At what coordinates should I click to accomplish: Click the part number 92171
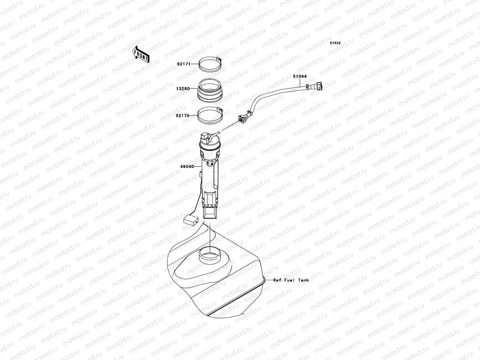pos(183,64)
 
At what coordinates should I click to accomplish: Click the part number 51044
pos(300,76)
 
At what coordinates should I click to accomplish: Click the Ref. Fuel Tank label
pos(291,280)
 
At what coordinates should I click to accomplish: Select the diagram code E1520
pos(335,43)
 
